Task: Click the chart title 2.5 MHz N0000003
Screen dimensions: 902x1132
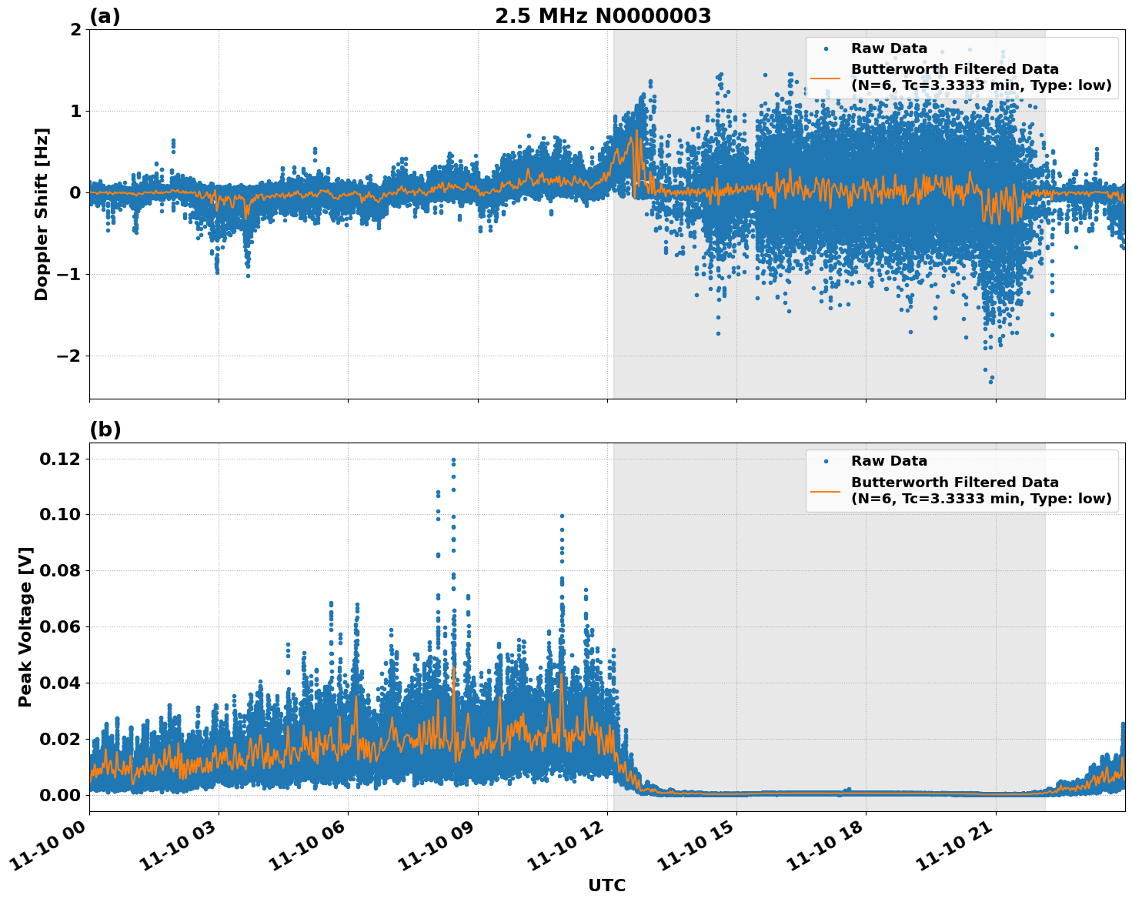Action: pos(603,16)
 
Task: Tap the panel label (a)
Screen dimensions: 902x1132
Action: pos(105,16)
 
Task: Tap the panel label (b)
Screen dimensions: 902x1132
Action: pos(105,429)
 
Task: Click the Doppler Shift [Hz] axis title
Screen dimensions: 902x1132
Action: pos(42,214)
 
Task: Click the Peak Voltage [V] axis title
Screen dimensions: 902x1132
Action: pos(26,626)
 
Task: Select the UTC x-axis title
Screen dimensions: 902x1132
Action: pos(606,885)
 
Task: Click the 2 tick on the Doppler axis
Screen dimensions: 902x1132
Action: pos(75,30)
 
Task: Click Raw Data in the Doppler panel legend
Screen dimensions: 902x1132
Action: pos(889,48)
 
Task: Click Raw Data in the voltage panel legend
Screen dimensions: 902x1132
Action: pos(889,461)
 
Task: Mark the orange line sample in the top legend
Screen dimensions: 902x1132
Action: pos(825,77)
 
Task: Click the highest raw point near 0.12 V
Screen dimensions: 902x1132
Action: pos(453,460)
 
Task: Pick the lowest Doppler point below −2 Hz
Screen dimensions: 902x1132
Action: pos(990,382)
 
